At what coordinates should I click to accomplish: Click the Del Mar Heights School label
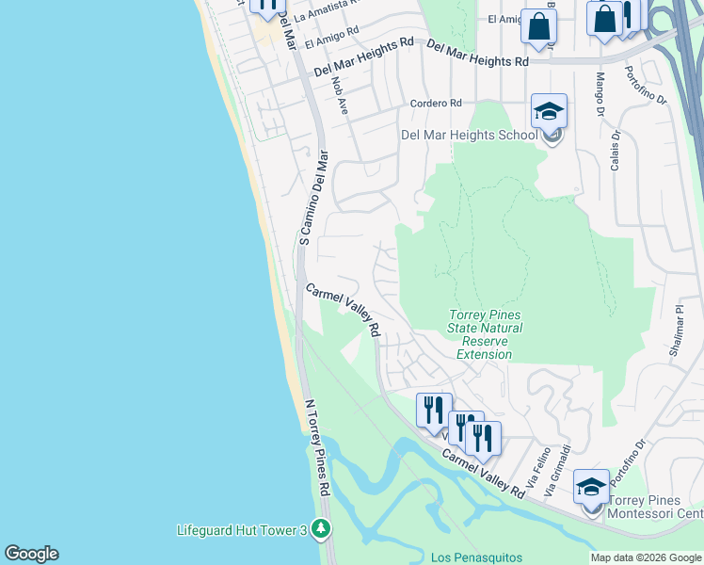469,135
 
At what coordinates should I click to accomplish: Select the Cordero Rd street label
435,103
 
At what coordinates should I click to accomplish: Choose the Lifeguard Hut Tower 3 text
242,531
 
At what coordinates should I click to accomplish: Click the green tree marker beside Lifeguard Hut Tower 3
322,530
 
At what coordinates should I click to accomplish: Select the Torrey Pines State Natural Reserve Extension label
484,334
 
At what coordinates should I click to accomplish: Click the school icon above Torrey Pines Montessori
591,488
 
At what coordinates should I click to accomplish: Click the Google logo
31,554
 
